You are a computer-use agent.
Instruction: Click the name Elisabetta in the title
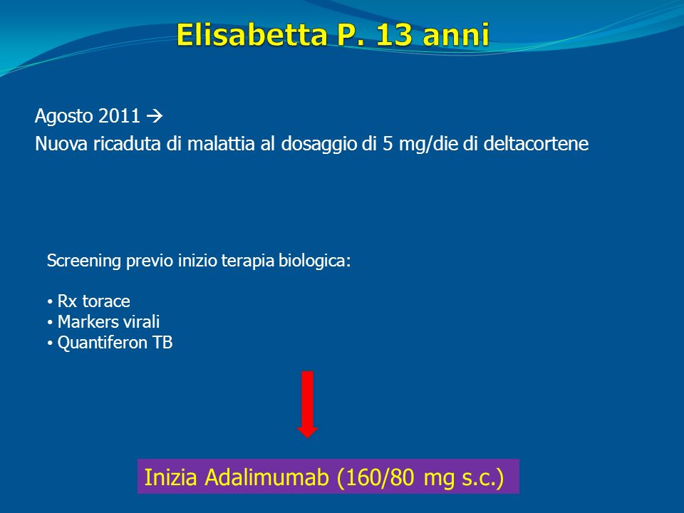252,34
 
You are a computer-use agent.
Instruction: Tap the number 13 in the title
393,34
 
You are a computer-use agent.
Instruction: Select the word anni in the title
456,35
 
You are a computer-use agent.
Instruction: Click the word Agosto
63,116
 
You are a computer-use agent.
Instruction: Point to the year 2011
119,115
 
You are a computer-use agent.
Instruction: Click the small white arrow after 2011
155,116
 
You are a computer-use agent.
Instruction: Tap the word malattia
221,143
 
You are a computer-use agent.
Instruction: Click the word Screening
84,261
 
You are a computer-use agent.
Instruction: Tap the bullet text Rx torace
94,301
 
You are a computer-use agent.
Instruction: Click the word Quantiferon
103,343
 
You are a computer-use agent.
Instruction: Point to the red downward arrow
308,405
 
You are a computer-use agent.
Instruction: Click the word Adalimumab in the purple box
266,477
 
